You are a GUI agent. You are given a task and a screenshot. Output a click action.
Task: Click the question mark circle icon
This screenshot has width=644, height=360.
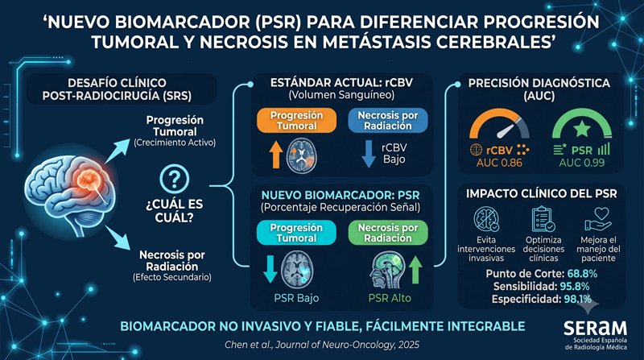point(174,179)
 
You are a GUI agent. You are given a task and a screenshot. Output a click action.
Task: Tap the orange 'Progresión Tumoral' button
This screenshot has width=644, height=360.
point(296,121)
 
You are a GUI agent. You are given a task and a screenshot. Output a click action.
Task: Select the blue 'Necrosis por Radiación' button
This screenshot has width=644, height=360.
point(388,121)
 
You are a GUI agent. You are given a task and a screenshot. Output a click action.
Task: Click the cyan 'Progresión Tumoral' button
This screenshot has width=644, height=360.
point(296,233)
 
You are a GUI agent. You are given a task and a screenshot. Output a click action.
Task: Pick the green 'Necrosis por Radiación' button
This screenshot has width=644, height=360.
point(388,233)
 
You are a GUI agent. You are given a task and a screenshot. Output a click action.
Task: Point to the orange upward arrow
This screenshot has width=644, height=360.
point(276,155)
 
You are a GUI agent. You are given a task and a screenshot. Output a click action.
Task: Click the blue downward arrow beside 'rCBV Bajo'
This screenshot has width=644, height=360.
point(369,154)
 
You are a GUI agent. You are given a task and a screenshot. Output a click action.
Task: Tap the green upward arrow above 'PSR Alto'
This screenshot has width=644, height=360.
point(415,270)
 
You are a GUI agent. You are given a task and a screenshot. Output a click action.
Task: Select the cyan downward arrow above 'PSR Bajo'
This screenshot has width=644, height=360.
point(270,270)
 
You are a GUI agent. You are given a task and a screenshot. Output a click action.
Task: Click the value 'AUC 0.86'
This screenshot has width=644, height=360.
point(499,163)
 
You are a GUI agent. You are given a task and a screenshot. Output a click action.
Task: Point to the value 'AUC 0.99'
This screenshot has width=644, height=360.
point(581,163)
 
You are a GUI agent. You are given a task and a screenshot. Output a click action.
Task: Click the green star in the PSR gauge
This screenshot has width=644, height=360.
point(581,130)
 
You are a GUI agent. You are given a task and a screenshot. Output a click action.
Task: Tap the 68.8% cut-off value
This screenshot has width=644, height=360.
point(582,274)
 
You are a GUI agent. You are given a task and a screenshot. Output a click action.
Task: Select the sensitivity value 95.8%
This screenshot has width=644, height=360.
point(575,287)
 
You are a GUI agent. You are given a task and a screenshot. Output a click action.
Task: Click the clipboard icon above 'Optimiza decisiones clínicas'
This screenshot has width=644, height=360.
point(543,219)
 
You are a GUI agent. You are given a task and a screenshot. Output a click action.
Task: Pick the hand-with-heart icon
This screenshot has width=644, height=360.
point(598,219)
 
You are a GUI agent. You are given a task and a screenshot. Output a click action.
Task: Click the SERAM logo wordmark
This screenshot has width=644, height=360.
point(595,329)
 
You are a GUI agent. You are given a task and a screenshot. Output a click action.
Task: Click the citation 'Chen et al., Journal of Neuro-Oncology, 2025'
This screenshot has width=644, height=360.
point(322,345)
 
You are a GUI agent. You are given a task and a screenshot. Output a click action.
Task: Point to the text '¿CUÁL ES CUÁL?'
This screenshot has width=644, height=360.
point(174,210)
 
